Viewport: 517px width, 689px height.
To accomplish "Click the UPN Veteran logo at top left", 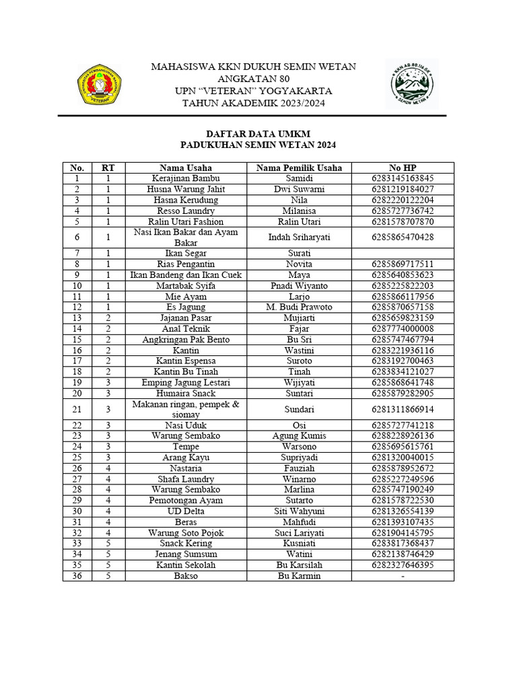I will (x=100, y=84).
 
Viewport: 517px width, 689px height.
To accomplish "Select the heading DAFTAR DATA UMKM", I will (x=258, y=134).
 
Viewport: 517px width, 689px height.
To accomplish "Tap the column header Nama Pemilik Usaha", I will (x=299, y=168).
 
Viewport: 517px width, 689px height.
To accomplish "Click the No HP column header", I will (x=403, y=168).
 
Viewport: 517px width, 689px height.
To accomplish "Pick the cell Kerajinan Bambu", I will (x=186, y=178).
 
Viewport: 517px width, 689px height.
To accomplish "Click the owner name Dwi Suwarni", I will (x=299, y=189).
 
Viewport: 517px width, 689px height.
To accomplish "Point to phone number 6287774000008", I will (x=403, y=328).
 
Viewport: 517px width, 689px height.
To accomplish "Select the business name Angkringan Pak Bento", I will (x=186, y=339).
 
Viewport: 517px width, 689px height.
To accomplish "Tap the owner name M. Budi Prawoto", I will (x=299, y=307).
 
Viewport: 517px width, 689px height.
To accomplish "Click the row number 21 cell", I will (x=77, y=409).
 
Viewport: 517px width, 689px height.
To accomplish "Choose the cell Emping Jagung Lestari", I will (x=186, y=382).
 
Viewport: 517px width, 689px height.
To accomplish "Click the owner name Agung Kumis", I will (x=299, y=435).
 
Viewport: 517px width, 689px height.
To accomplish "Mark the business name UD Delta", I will (x=186, y=511).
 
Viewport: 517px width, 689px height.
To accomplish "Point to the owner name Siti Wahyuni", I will (x=299, y=511).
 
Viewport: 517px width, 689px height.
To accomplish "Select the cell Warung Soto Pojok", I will (x=186, y=532).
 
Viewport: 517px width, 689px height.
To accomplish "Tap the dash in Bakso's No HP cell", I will (x=403, y=576).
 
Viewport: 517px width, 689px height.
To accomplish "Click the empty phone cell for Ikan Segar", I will (x=403, y=253).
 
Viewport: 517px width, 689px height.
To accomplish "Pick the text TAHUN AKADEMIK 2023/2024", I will (x=253, y=102).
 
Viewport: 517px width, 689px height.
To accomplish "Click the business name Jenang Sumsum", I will (x=186, y=554).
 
